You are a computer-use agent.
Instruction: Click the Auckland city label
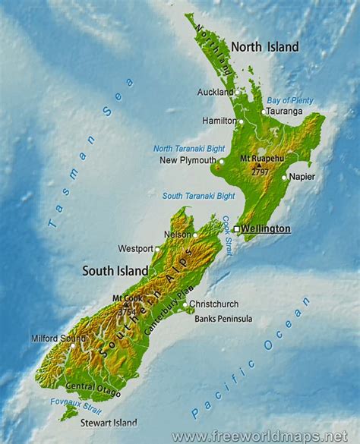[216, 93]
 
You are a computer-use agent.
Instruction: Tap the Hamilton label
[219, 121]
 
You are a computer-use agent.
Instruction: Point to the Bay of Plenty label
[289, 99]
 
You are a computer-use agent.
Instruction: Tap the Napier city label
[302, 177]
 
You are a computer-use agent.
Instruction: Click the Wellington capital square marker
[237, 228]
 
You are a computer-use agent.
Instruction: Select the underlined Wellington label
[266, 228]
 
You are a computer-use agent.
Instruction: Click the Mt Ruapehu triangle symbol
[260, 165]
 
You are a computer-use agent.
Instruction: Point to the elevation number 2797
[261, 172]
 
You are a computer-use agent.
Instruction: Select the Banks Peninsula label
[223, 319]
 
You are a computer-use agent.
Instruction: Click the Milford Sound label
[53, 339]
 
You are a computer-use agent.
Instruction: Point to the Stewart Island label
[109, 423]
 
